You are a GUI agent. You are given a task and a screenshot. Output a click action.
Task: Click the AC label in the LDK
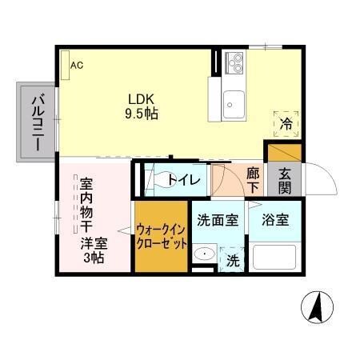pyautogui.click(x=77, y=65)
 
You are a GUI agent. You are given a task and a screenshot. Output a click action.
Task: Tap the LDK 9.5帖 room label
pyautogui.click(x=140, y=106)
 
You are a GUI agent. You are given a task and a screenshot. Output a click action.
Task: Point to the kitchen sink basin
pyautogui.click(x=234, y=102)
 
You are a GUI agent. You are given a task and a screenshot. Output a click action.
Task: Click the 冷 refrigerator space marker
pyautogui.click(x=286, y=123)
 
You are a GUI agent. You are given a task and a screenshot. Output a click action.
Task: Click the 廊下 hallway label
pyautogui.click(x=253, y=179)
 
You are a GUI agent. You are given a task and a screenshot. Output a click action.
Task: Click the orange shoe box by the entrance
pyautogui.click(x=283, y=150)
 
